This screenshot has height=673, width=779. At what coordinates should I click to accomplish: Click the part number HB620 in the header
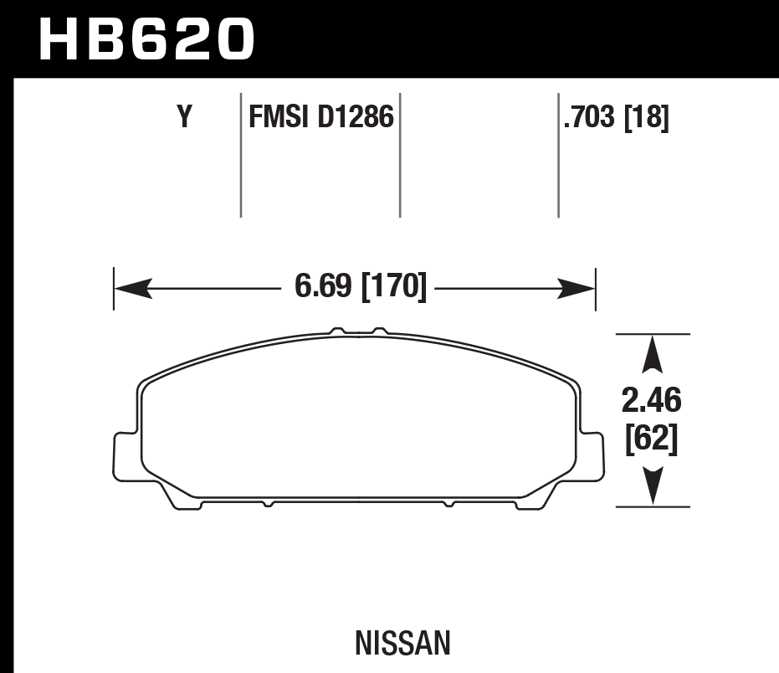tap(146, 39)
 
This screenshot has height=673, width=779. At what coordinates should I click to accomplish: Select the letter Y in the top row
tap(184, 118)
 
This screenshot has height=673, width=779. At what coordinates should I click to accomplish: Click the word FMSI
tap(279, 118)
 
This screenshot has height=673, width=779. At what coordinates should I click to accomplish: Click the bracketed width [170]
tap(393, 287)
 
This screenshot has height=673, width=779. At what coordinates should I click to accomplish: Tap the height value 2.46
tap(652, 401)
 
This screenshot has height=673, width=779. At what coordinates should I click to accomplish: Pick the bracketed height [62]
tap(652, 439)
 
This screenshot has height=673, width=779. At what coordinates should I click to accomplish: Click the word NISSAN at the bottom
tap(402, 644)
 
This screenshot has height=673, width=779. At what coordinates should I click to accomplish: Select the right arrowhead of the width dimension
tap(577, 290)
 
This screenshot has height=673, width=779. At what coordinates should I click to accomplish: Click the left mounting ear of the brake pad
tap(124, 456)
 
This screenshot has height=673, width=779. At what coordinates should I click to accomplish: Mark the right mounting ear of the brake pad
tap(592, 456)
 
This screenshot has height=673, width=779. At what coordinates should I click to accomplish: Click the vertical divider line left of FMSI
tap(241, 155)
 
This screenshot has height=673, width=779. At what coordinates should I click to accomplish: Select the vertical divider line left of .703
tap(558, 155)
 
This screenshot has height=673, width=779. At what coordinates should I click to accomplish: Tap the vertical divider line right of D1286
tap(400, 155)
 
